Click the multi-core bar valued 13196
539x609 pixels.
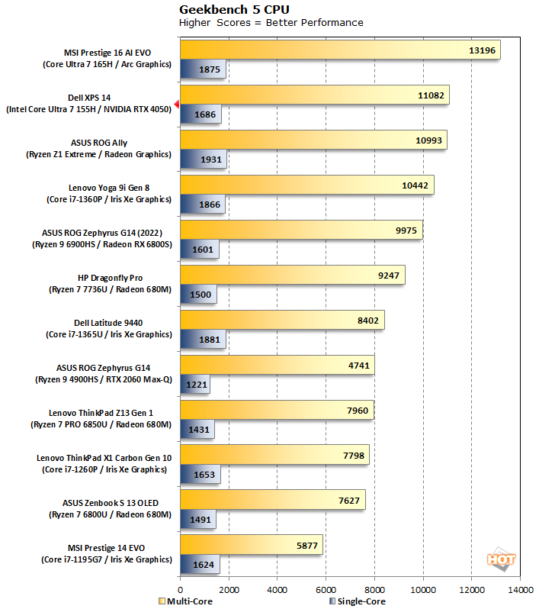pyautogui.click(x=339, y=50)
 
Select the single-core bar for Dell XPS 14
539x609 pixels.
pyautogui.click(x=201, y=115)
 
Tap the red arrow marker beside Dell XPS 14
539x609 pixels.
pyautogui.click(x=176, y=105)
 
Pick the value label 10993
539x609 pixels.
pyautogui.click(x=428, y=140)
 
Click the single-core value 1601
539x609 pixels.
pyautogui.click(x=204, y=249)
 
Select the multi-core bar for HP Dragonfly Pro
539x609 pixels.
pyautogui.click(x=292, y=274)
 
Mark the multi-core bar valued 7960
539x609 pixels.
pyautogui.click(x=277, y=410)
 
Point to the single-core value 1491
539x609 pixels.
pyautogui.click(x=201, y=519)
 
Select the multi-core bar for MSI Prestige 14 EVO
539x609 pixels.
pyautogui.click(x=251, y=545)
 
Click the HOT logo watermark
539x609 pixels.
pyautogui.click(x=502, y=559)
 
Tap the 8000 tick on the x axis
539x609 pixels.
pyautogui.click(x=374, y=589)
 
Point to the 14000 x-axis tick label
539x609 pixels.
pyautogui.click(x=521, y=589)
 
